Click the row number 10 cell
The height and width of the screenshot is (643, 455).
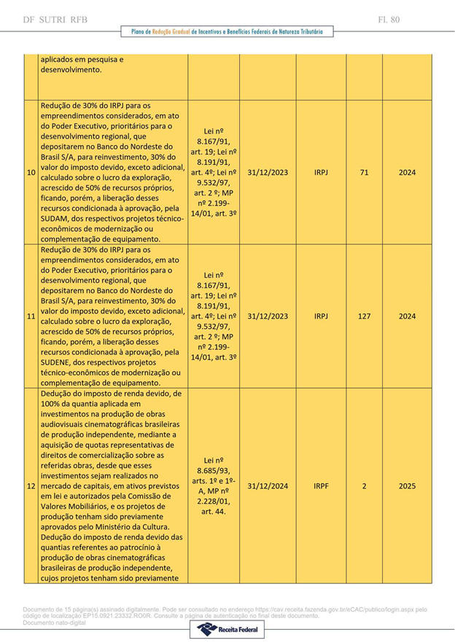tap(31, 173)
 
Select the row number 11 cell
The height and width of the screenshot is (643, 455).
tap(31, 316)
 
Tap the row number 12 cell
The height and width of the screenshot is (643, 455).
tap(31, 486)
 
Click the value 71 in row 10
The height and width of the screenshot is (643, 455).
tap(364, 173)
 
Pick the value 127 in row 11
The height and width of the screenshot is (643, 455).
tap(364, 316)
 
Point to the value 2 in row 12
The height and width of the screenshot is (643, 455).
tap(364, 486)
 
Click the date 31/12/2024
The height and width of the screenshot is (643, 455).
tap(268, 486)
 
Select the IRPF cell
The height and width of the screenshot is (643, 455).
tap(321, 486)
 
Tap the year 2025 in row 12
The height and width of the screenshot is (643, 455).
tap(407, 486)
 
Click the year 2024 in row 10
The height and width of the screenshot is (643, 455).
tap(407, 173)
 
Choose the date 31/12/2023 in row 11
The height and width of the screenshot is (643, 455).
tap(268, 316)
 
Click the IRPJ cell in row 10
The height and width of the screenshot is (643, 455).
tap(321, 173)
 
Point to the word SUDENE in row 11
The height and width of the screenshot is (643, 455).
tap(58, 362)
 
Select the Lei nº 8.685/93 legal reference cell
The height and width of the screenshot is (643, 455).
tap(214, 486)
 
